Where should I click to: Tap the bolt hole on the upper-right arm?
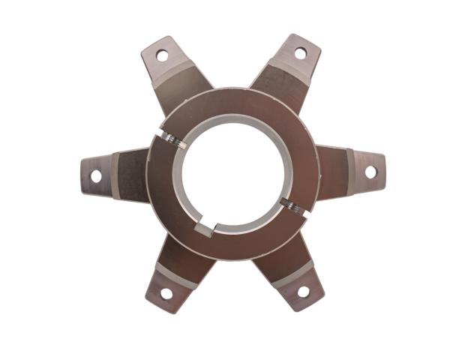click(x=301, y=52)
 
